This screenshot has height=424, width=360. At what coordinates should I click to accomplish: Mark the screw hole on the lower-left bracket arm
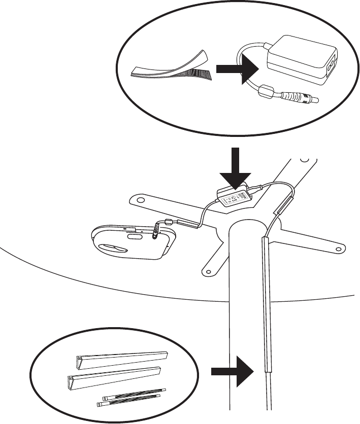coord(207,271)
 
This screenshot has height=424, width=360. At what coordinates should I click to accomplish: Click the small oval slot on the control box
coord(135,236)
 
